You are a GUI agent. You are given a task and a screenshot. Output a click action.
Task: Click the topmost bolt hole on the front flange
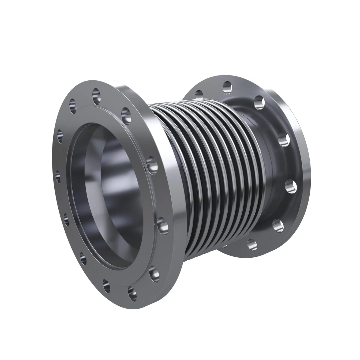click(96, 96)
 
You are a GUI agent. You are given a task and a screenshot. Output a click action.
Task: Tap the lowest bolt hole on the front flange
click(132, 293)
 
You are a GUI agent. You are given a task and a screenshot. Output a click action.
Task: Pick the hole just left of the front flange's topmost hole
click(73, 106)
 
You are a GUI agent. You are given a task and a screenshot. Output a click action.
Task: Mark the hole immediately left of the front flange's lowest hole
click(106, 285)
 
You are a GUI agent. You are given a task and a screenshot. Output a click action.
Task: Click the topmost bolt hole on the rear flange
click(228, 87)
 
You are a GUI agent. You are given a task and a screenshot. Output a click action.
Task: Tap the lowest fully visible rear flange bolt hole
click(252, 245)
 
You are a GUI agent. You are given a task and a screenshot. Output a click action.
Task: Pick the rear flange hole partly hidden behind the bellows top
click(199, 94)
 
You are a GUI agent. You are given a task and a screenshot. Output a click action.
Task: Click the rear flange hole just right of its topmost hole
click(259, 103)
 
